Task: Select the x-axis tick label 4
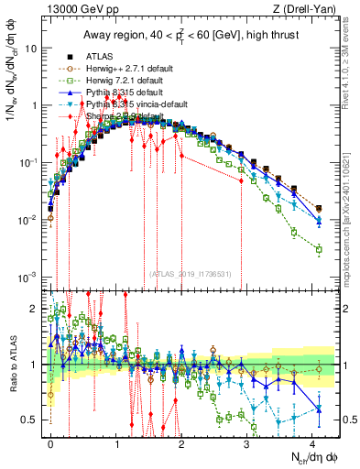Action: (311, 442)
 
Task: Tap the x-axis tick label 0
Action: (50, 442)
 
